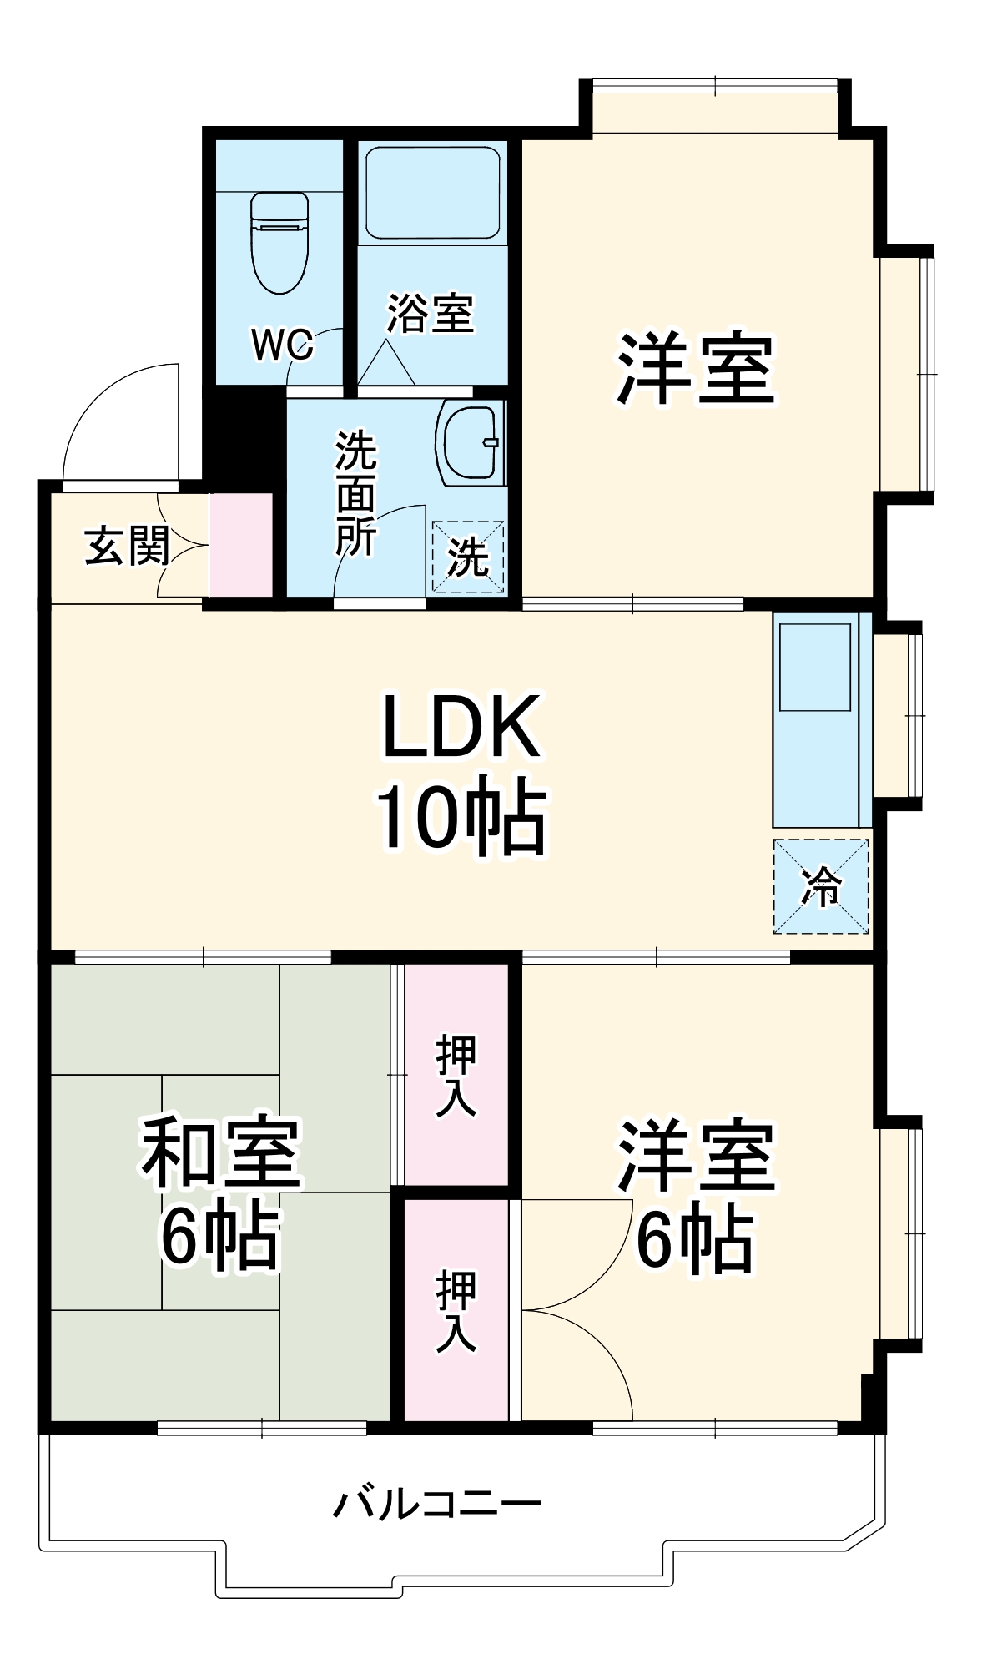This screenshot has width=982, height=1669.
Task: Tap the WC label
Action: click(x=283, y=344)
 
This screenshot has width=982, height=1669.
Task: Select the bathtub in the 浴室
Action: click(x=433, y=193)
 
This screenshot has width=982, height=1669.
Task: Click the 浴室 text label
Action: click(x=431, y=314)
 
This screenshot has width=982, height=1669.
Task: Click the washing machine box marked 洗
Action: click(x=468, y=557)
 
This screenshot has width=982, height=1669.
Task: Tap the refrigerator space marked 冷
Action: click(x=821, y=886)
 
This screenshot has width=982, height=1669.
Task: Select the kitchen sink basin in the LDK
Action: click(x=814, y=667)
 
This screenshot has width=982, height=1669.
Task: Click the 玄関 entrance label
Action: click(x=127, y=546)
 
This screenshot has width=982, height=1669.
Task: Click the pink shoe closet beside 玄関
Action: click(x=241, y=545)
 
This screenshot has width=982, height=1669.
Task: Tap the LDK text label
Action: click(x=461, y=726)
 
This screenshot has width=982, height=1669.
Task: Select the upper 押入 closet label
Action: click(x=456, y=1074)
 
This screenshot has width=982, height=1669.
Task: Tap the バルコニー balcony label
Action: click(x=437, y=1504)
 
